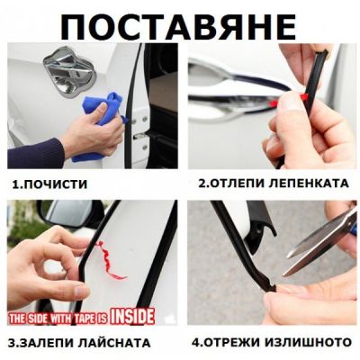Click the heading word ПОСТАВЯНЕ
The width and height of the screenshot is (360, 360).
pos(179,24)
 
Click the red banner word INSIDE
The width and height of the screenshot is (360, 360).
pos(133,316)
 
